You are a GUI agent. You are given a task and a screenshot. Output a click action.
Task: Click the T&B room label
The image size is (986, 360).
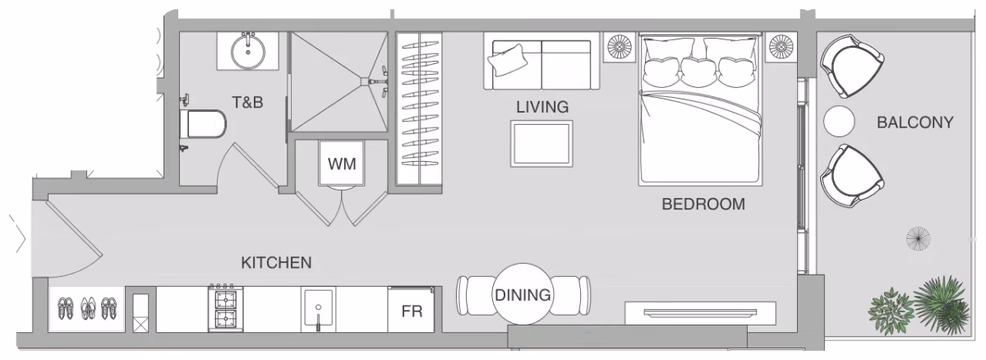[x=247, y=102]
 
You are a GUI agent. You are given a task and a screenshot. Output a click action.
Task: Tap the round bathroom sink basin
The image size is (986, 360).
[x=248, y=52]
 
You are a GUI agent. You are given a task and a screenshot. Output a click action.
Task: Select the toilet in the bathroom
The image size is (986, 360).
[x=203, y=124]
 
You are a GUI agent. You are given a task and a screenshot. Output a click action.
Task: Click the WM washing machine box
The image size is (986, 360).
[x=342, y=164]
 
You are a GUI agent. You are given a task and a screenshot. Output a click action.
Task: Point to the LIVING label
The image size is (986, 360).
[x=542, y=107]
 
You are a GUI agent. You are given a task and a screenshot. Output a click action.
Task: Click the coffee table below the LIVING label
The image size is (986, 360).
[x=541, y=144]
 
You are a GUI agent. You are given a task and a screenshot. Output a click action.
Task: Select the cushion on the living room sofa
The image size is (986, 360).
[x=508, y=59]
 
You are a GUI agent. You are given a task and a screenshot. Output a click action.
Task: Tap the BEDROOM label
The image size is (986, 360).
[x=703, y=204]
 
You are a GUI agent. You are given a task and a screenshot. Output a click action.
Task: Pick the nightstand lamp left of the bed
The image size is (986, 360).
[x=620, y=46]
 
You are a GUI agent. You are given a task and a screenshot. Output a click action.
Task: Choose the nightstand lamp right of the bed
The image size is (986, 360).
[x=781, y=46]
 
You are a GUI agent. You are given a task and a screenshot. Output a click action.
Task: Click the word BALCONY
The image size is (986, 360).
[x=915, y=122]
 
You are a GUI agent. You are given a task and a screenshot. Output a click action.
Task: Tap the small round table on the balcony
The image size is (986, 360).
[x=840, y=122]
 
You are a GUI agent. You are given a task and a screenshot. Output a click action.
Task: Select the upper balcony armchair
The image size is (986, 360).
[x=851, y=66]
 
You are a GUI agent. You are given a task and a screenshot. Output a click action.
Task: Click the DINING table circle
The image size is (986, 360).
[x=523, y=294]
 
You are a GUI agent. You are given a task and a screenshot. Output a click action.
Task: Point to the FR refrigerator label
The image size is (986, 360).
[x=412, y=312]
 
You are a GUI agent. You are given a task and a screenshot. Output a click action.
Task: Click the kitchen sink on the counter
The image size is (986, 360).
[x=318, y=309]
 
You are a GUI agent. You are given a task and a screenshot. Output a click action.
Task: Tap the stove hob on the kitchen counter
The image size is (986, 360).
[x=225, y=308]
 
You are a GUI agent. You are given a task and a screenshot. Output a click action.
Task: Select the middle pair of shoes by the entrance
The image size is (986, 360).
[x=88, y=308]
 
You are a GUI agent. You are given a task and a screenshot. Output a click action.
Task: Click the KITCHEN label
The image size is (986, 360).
[x=276, y=263]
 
